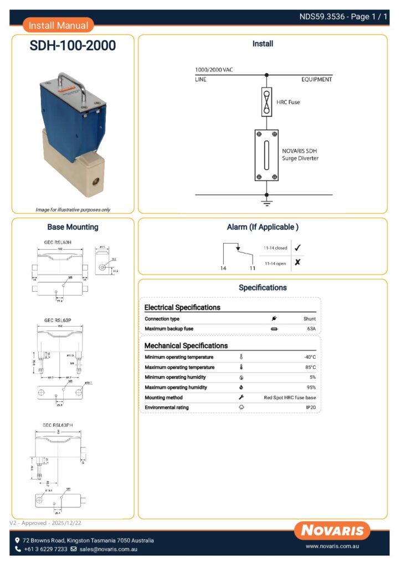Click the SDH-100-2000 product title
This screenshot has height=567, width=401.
pos(73,46)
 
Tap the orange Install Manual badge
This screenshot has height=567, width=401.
pos(58,25)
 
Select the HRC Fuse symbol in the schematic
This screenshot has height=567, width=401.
pos(266,101)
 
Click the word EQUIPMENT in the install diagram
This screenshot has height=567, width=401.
pos(316,80)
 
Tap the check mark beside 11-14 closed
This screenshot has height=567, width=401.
pos(297,248)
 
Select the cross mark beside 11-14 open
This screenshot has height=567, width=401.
pos(297,262)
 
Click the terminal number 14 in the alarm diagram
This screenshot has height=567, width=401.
pos(223,268)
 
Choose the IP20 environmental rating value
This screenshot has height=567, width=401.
pos(311,408)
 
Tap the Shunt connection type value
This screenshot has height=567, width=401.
pos(309,319)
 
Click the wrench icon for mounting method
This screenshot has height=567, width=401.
pos(241,398)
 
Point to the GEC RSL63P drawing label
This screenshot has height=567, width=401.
pos(60,320)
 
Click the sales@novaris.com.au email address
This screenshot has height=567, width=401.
pos(108,549)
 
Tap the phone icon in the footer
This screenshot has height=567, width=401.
pos(18,549)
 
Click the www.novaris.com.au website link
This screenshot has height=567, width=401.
pos(333,547)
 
